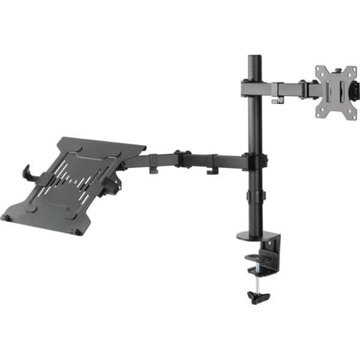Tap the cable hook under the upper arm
(x=277, y=99)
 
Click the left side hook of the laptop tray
(x=27, y=172)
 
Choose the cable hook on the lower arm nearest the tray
(x=154, y=171)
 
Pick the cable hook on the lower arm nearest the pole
(x=212, y=172)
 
